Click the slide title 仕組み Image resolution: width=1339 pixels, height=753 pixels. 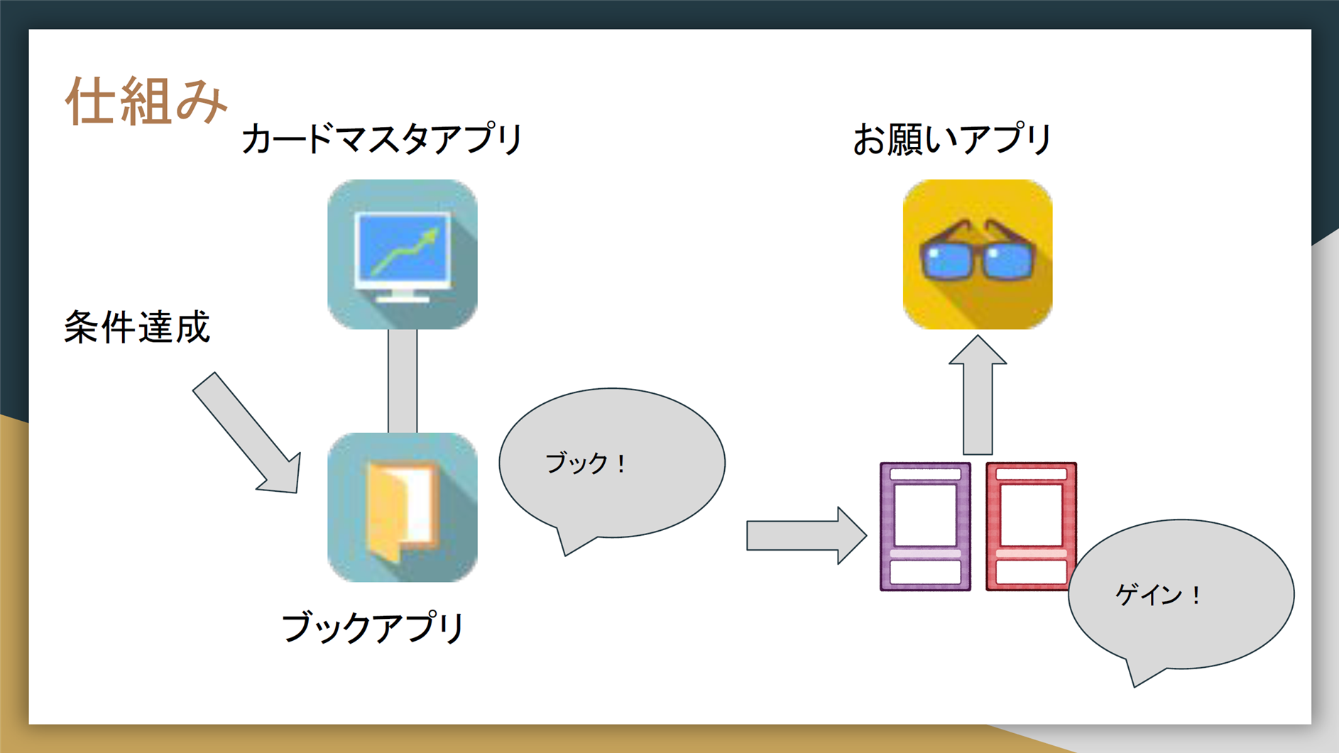pos(146,101)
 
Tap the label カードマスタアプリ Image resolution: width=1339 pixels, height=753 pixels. pos(382,138)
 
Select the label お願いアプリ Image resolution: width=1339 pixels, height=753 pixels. pos(952,138)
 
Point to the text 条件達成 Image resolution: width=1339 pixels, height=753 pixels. pos(137,327)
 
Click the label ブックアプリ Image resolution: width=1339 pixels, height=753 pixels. pos(373,627)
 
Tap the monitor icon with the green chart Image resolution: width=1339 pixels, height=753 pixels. pos(403,254)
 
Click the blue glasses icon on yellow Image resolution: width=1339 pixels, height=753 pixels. pos(978,254)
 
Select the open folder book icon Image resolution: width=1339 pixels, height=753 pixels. pos(403,507)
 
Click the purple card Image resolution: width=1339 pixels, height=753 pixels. pos(925,527)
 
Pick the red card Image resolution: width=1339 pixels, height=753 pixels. pos(1031,527)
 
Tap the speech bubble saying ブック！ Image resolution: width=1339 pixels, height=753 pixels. pos(612,463)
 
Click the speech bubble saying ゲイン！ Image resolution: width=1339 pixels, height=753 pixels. pos(1181,595)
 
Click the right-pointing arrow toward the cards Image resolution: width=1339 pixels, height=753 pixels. pos(807,536)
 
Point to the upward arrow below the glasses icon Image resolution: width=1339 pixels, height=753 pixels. pos(978,395)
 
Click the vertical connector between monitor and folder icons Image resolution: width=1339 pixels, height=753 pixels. pos(403,381)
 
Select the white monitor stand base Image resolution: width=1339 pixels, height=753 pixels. pos(402,298)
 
